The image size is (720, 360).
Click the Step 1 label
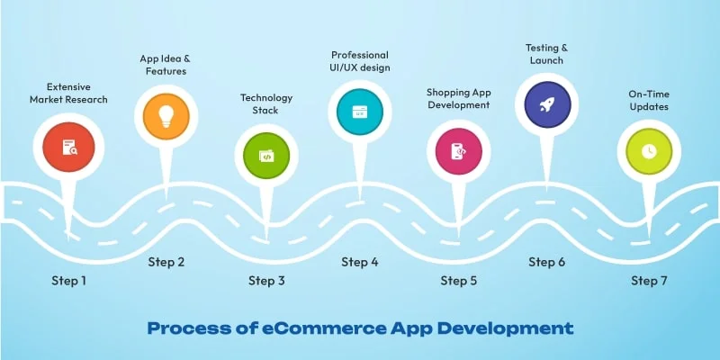click(68, 281)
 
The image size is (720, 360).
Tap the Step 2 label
click(166, 262)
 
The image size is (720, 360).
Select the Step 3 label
click(266, 281)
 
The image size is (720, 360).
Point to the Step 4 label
click(360, 262)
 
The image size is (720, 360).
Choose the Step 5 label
click(459, 281)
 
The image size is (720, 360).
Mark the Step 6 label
click(547, 262)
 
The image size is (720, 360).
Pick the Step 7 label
click(649, 281)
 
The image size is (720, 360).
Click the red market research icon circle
click(69, 147)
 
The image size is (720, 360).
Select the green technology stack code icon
click(266, 155)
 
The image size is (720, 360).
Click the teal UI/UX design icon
click(359, 112)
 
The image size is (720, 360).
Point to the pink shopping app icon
click(458, 150)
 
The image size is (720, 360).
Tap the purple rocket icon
click(546, 105)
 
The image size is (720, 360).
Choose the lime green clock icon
click(649, 150)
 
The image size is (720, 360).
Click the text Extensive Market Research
click(68, 93)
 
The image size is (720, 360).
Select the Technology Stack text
click(266, 103)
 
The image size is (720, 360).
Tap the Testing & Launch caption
click(547, 53)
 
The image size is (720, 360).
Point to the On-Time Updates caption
click(649, 100)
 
